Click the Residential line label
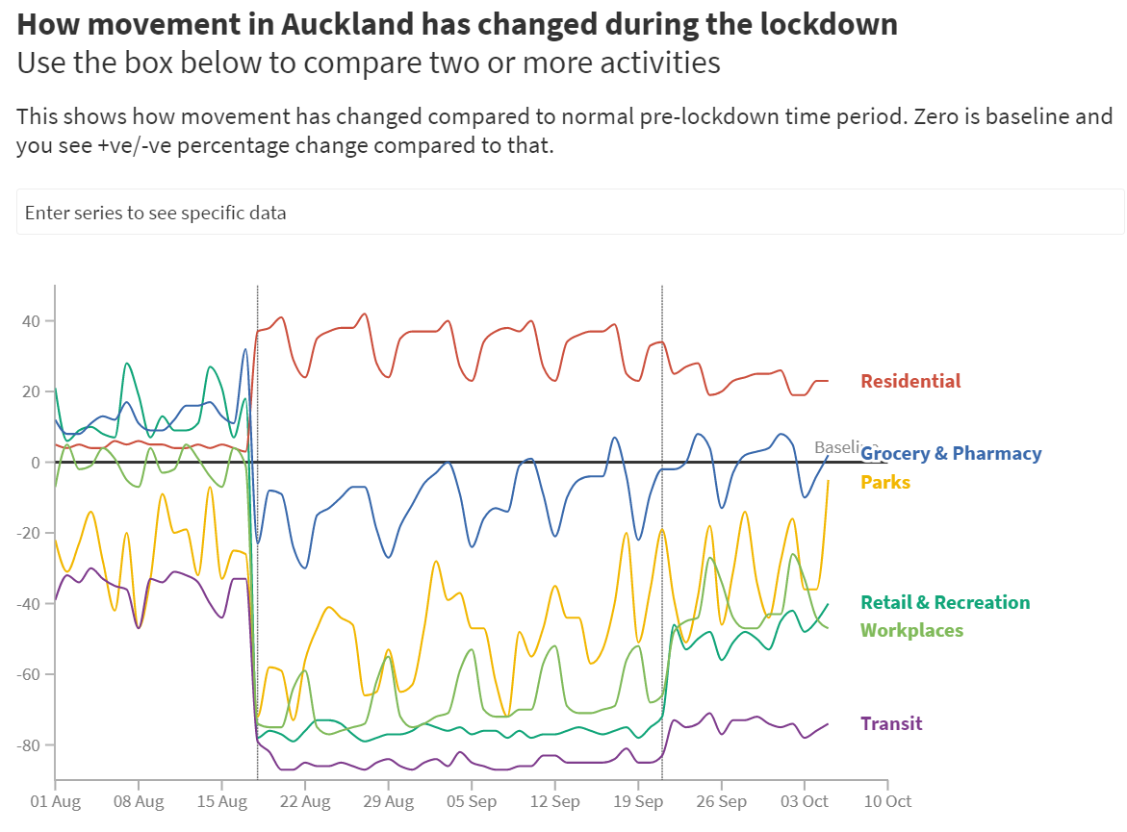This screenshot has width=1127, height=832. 909,381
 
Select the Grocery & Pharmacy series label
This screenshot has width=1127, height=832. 951,453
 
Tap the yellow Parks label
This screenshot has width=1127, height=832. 884,482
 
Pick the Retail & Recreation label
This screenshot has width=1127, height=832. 944,602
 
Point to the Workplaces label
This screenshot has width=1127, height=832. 910,630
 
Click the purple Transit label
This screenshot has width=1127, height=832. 891,723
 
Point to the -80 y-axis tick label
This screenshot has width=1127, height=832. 37,745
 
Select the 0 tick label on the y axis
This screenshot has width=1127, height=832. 44,463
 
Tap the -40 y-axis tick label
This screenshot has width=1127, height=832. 37,604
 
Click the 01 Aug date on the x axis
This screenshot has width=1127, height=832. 56,801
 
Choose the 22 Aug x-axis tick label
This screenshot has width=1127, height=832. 305,801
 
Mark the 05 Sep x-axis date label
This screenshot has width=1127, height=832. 471,801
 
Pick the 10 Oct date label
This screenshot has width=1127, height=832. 886,801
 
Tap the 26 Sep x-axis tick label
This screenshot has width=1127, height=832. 721,801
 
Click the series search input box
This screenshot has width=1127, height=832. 570,212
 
